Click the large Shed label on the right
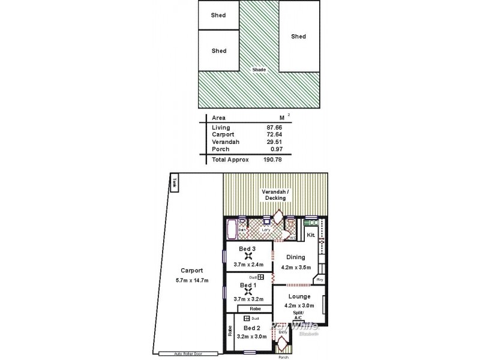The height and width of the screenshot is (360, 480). [298, 37]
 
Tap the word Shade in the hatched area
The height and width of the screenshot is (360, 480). [259, 70]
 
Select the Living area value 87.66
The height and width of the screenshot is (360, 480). [275, 128]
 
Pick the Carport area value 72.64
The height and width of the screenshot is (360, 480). [275, 135]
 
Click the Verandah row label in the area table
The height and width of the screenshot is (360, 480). [225, 142]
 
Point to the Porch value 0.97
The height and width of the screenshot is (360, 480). [277, 149]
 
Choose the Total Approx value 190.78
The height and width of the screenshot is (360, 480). [273, 160]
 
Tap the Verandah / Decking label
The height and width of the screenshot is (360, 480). [275, 194]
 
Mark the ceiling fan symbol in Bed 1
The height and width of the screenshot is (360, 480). [248, 293]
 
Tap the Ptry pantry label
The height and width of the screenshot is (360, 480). [320, 280]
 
